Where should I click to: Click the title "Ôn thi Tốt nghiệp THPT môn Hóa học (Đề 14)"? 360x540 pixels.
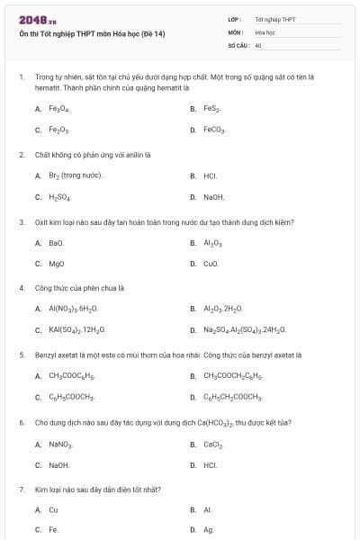[92, 34]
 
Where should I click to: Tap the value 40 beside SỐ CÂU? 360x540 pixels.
[258, 44]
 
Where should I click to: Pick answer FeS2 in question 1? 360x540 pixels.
[212, 108]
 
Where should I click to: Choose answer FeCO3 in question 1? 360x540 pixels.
[215, 130]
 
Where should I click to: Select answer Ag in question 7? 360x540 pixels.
[209, 530]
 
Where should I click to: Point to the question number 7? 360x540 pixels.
[21, 489]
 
